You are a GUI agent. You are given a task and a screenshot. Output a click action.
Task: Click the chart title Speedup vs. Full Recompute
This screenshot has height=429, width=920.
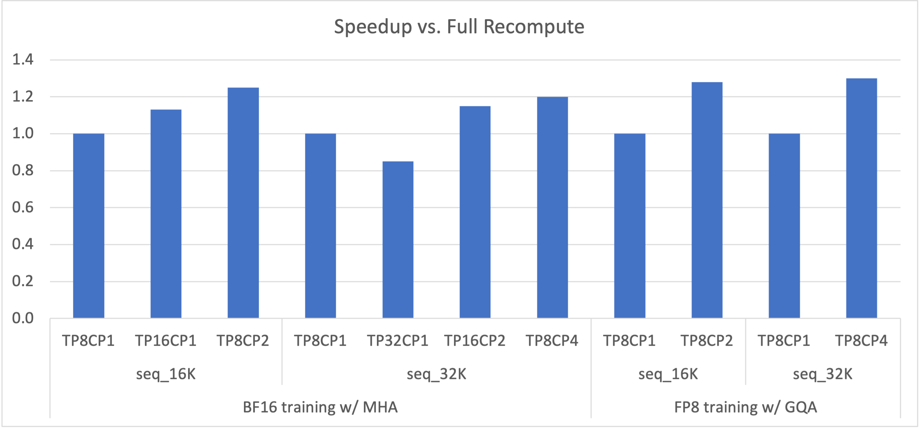[459, 27]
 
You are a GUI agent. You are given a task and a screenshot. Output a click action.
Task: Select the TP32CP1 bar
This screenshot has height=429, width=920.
[398, 239]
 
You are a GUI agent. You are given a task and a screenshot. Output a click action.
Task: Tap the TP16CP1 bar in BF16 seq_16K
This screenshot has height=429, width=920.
[166, 214]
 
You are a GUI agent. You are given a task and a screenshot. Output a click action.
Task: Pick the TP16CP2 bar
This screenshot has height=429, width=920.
[475, 212]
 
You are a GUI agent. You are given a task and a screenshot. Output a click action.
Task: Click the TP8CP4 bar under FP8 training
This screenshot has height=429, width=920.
[861, 198]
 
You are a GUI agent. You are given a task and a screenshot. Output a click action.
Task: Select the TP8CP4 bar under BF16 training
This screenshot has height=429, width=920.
[552, 207]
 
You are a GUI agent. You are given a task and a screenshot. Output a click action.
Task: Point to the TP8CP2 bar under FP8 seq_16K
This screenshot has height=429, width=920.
[707, 200]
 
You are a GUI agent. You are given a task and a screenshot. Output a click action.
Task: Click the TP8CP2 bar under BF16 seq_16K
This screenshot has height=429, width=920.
[243, 203]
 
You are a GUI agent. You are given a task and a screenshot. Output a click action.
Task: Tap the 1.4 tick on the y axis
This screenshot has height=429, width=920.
[23, 60]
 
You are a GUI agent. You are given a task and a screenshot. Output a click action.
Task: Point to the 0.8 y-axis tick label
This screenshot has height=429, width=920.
[23, 170]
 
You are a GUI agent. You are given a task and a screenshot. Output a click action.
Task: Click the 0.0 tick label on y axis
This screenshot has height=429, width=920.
[23, 318]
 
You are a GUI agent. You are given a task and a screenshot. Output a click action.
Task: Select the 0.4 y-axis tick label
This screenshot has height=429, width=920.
[23, 245]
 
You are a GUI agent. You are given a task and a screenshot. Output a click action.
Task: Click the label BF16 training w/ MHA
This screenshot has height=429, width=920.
[320, 407]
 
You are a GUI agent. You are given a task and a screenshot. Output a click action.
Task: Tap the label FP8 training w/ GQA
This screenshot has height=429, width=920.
[745, 407]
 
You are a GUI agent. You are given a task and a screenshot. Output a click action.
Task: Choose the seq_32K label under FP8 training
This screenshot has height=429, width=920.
[822, 374]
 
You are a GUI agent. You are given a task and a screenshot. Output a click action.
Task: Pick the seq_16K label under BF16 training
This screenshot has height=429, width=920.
[166, 374]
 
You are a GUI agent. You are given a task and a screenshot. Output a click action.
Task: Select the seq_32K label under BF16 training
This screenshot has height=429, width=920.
[437, 374]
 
